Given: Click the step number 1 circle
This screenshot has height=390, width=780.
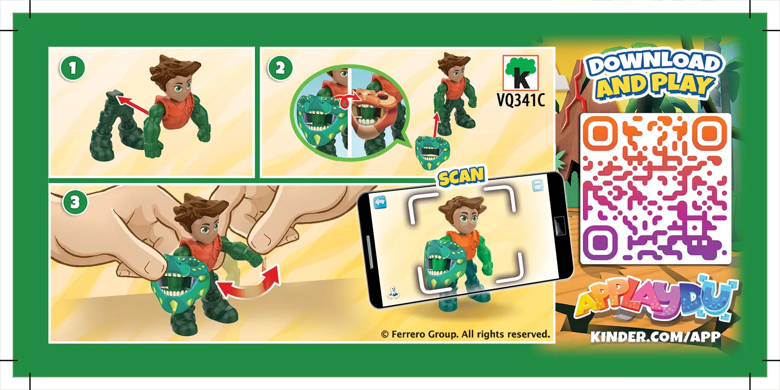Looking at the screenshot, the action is tap(73, 68).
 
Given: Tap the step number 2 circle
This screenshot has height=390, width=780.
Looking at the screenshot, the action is tap(280, 68).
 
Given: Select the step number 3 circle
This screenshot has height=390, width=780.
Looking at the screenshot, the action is tap(75, 202).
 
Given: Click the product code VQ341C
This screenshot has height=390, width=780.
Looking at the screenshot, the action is tap(521, 101).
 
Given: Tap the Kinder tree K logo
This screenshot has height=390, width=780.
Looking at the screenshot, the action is tap(521, 73).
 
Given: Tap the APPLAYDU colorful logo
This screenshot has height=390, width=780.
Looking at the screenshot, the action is tap(656, 300).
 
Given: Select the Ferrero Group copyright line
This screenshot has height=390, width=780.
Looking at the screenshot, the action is tap(465, 334).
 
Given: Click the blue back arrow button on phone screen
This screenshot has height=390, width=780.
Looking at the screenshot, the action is tap(380, 202).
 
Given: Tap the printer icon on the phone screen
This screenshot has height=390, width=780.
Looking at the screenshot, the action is tap(537, 185).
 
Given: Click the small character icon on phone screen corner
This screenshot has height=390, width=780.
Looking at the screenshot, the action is tap(393, 292).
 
